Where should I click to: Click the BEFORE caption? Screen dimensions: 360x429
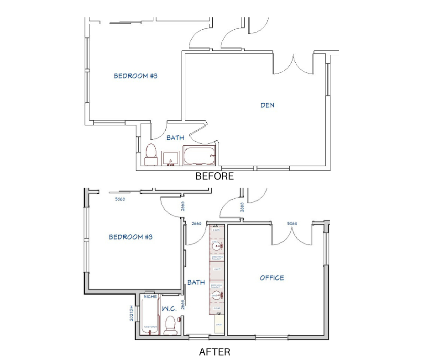214,176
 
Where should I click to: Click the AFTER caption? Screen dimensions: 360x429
214,352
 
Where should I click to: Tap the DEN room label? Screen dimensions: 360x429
267,105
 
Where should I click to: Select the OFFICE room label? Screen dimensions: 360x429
272,278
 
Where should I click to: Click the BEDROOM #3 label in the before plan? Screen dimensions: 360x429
135,76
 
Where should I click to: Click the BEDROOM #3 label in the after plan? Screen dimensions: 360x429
130,237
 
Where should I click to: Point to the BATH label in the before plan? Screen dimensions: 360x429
175,138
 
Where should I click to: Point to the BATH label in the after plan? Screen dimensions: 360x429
196,283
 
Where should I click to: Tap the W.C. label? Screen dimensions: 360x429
169,309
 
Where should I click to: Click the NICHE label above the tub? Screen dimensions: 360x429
150,296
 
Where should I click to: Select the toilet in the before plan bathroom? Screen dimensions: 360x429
151,154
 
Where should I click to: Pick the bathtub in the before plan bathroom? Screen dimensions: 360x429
199,155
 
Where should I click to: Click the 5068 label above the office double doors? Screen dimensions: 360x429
292,224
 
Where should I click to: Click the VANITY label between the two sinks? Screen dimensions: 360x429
217,269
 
